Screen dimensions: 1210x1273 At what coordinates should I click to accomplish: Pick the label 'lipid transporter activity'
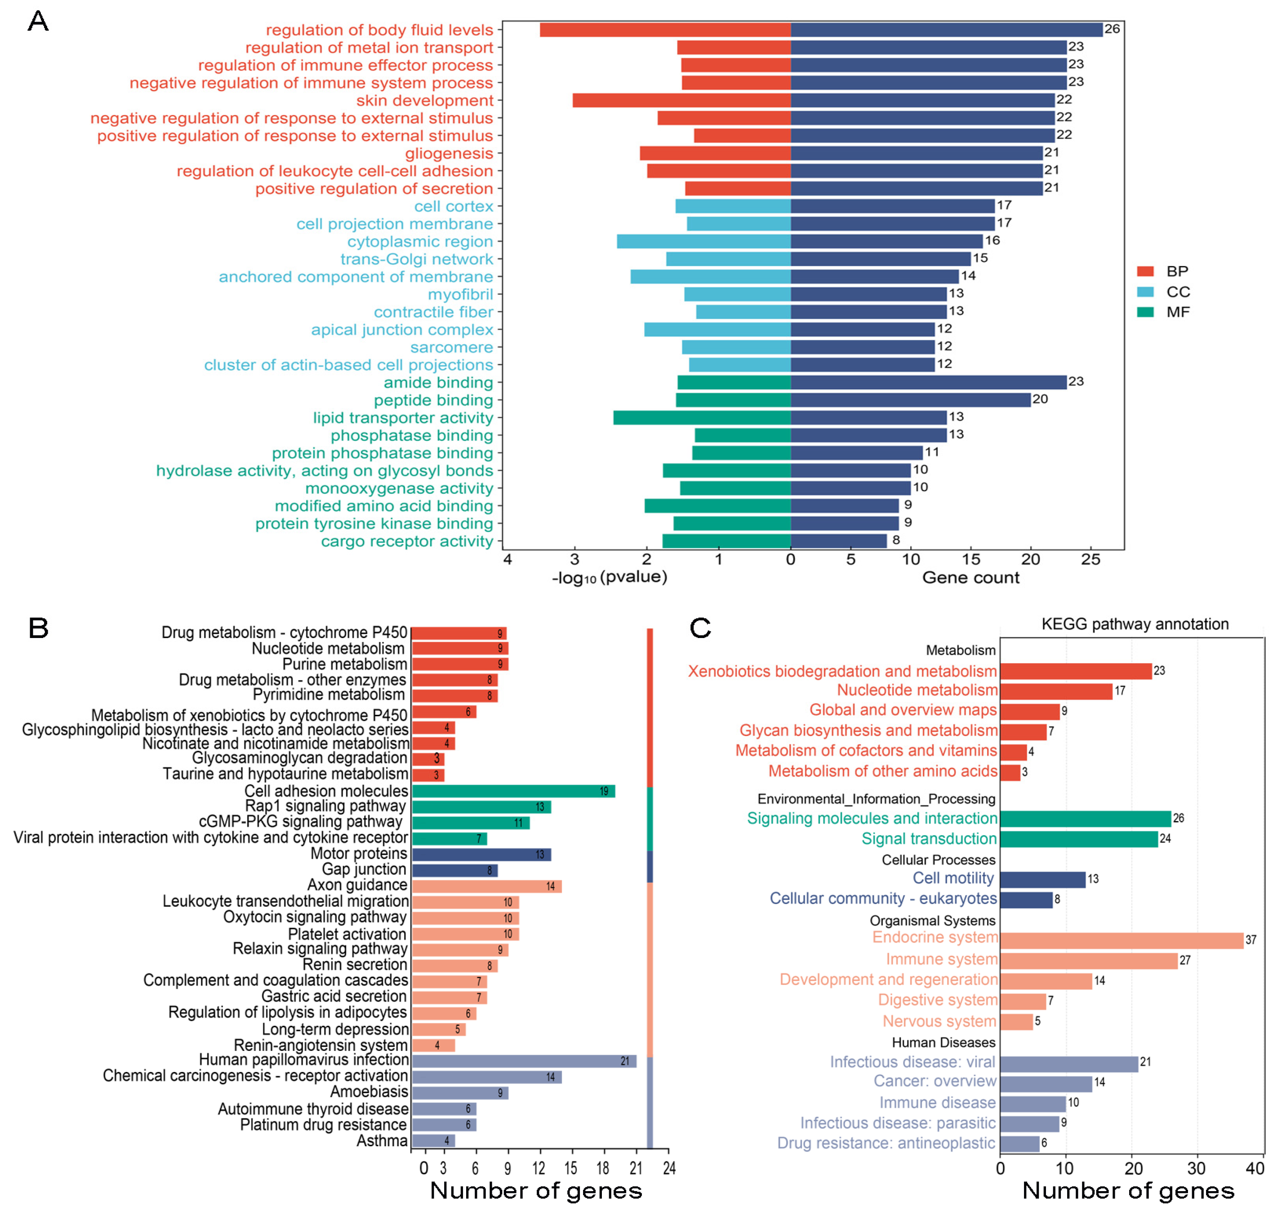coord(403,417)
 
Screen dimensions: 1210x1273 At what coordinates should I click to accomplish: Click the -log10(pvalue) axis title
coord(609,576)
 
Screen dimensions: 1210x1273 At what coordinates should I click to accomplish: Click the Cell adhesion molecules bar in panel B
coord(513,791)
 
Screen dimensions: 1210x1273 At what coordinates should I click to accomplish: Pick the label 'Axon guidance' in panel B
coord(357,885)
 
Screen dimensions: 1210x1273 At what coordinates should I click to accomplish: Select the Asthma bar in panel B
coord(433,1140)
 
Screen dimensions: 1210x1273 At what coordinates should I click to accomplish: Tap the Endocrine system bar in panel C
coord(1121,940)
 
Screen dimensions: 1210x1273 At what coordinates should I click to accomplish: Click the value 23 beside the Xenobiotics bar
coord(1159,671)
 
